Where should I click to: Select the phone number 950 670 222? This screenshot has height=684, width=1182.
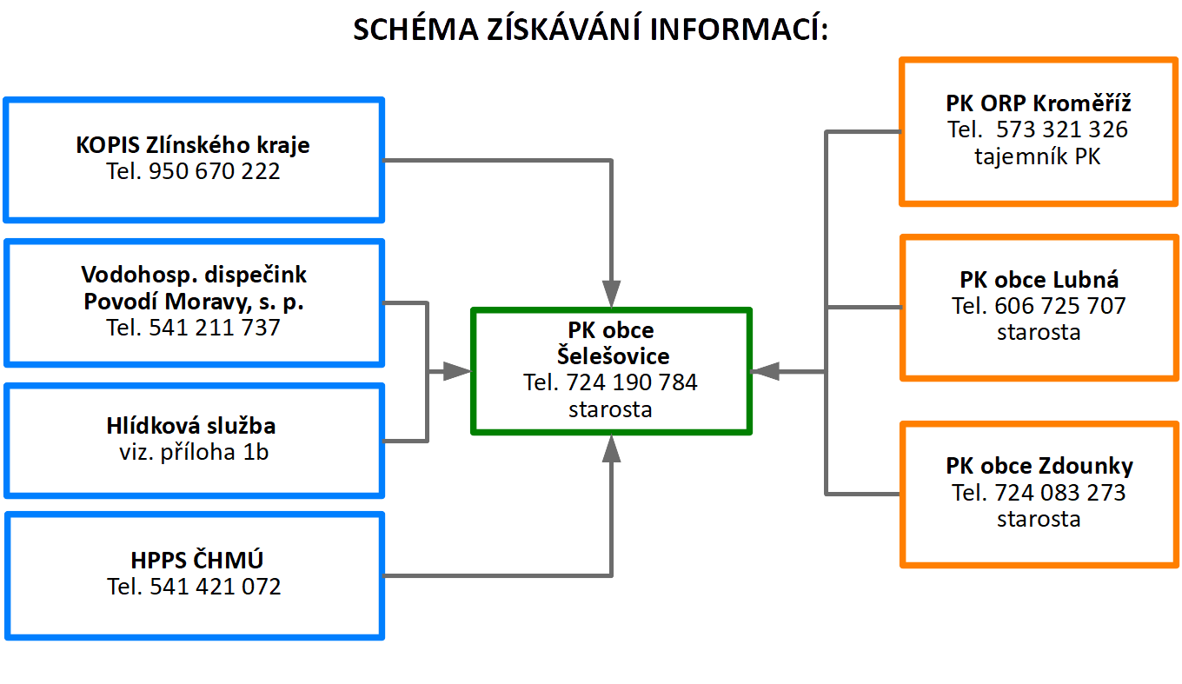pyautogui.click(x=214, y=171)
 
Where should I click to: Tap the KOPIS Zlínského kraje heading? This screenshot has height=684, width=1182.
pyautogui.click(x=193, y=145)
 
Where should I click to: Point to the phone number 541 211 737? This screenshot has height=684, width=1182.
pyautogui.click(x=214, y=328)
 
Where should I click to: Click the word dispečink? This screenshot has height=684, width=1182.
pyautogui.click(x=256, y=275)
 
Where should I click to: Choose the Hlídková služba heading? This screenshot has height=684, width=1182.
pyautogui.click(x=191, y=426)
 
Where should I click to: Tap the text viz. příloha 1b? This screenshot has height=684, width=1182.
pyautogui.click(x=194, y=452)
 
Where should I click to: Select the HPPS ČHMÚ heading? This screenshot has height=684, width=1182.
pyautogui.click(x=196, y=560)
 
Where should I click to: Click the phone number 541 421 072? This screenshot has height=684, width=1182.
pyautogui.click(x=216, y=587)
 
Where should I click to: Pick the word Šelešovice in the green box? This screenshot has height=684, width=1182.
pyautogui.click(x=614, y=355)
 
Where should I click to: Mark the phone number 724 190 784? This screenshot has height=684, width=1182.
pyautogui.click(x=632, y=382)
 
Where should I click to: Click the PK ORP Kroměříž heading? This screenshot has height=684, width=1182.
pyautogui.click(x=1038, y=103)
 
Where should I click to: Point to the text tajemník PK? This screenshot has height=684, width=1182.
pyautogui.click(x=1038, y=156)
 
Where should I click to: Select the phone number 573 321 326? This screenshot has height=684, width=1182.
pyautogui.click(x=1062, y=129)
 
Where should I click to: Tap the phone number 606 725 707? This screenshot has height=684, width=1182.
pyautogui.click(x=1060, y=306)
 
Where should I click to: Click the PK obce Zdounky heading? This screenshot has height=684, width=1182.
pyautogui.click(x=1039, y=466)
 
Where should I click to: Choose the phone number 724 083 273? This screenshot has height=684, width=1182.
pyautogui.click(x=1060, y=493)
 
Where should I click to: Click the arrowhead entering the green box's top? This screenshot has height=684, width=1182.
pyautogui.click(x=611, y=294)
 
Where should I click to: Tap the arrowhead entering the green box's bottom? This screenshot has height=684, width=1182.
pyautogui.click(x=611, y=449)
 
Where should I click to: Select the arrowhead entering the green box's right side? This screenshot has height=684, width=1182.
pyautogui.click(x=765, y=372)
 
